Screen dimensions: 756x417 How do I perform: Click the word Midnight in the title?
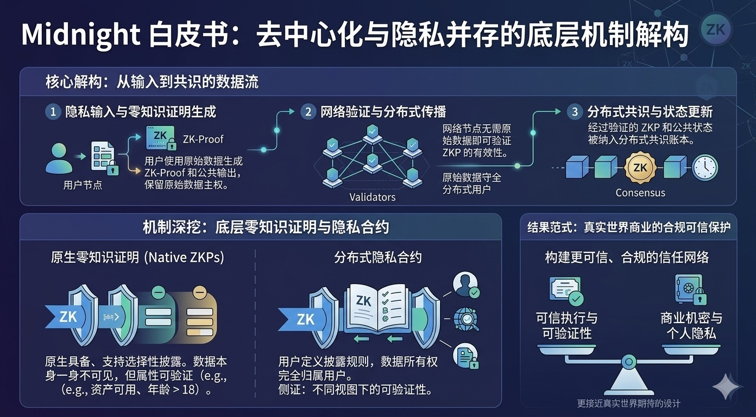(x=79, y=35)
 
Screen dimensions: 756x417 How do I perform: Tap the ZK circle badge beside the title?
(x=715, y=29)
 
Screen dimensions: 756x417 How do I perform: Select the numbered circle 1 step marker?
(x=53, y=112)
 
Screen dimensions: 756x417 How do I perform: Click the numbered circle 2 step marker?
(x=308, y=112)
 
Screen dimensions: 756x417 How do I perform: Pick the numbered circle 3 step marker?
(x=575, y=112)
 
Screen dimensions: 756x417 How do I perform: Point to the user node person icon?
(x=58, y=158)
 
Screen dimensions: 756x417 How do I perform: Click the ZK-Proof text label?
(x=203, y=139)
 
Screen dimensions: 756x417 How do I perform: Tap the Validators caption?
(x=372, y=197)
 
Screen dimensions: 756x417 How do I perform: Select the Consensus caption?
(x=640, y=192)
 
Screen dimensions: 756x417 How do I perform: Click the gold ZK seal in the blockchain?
(x=640, y=167)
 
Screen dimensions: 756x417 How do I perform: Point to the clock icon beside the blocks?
(x=704, y=168)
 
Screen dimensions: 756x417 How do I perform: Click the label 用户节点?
(x=83, y=185)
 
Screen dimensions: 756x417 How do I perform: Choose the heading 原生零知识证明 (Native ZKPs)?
(x=137, y=257)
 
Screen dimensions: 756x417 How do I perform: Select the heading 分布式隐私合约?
(x=378, y=257)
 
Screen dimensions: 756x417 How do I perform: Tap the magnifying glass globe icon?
(x=466, y=319)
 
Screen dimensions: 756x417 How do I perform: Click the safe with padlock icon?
(x=690, y=289)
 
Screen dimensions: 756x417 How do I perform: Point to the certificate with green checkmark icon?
(x=566, y=291)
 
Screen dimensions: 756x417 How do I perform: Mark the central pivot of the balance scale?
(x=628, y=361)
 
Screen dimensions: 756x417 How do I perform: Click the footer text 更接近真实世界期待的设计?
(x=628, y=403)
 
